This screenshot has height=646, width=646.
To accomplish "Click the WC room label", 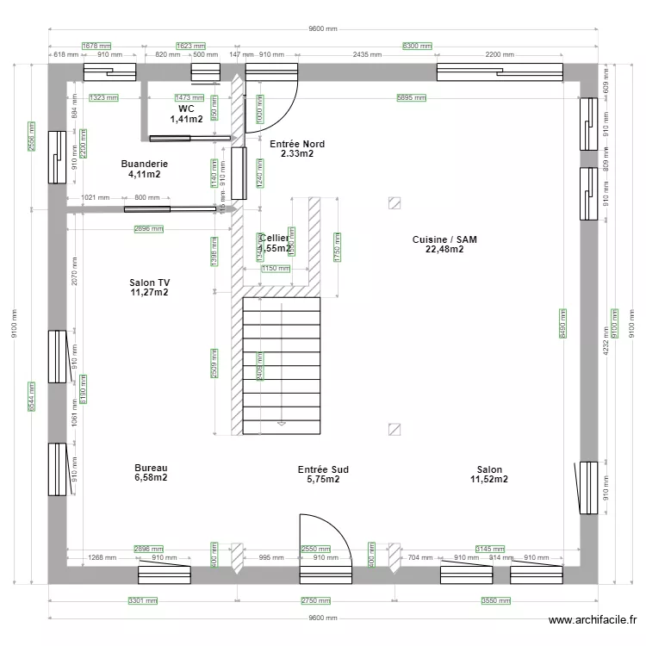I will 186,115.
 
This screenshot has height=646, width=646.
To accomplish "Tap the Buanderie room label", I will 144,169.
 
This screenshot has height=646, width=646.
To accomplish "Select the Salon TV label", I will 148,288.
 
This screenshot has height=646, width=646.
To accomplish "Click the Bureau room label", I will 151,473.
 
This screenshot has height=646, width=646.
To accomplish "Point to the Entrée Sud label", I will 323,475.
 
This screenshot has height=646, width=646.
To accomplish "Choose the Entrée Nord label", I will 297,149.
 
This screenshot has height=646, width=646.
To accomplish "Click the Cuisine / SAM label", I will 444,245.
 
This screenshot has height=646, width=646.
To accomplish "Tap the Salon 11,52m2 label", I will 489,475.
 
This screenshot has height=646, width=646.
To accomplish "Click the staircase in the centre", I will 282,365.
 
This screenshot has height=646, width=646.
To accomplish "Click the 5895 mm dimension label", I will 411,98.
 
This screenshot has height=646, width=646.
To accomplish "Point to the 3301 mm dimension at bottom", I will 143,601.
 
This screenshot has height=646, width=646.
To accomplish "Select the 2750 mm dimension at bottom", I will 315,601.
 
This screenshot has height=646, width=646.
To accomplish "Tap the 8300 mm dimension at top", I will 418,46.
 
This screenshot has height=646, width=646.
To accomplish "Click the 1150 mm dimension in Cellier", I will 276,269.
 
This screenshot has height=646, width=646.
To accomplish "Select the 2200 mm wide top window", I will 500,71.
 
